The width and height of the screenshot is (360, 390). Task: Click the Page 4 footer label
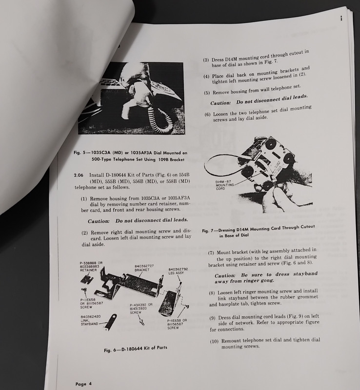[83, 384]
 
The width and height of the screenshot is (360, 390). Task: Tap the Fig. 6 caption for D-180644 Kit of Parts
[136, 349]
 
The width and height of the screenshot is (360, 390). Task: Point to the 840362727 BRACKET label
[144, 268]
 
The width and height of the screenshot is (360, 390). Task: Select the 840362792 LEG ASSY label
[178, 271]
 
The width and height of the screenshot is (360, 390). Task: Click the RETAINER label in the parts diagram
[88, 270]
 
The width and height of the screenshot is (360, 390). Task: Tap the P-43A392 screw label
[141, 309]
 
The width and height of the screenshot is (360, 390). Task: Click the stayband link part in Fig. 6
[111, 322]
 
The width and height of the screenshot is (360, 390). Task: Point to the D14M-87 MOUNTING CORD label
[224, 185]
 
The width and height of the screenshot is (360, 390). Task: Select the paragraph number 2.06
[79, 175]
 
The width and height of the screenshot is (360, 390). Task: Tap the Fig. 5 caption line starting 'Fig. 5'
[130, 153]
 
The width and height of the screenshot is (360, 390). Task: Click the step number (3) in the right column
[206, 60]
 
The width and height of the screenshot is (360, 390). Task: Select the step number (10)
[214, 341]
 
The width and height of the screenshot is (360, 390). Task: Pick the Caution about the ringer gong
[266, 277]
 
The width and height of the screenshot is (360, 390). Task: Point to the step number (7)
[211, 253]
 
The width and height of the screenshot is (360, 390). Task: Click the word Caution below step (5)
[220, 103]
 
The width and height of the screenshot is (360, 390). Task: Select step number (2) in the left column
[85, 233]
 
